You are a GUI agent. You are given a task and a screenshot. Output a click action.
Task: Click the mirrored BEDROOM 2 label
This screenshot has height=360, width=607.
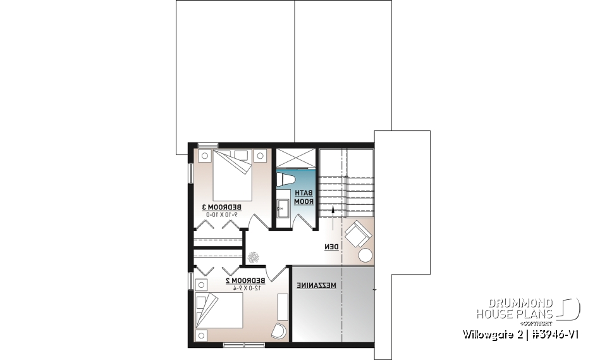pos(243,280)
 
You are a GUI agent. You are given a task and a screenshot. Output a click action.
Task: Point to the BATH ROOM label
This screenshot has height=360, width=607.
pos(305,197)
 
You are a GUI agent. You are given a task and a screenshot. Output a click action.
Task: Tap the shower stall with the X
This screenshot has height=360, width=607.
pos(295,159)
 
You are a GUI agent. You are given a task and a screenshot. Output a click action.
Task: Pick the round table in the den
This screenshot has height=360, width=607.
pos(365,255)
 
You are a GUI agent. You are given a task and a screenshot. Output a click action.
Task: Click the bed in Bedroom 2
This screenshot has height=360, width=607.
pos(219,313)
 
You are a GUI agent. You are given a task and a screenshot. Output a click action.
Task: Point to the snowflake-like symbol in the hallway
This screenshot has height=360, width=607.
pos(253,257)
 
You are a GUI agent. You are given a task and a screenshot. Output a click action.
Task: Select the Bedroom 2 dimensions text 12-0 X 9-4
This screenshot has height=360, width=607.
pos(243,287)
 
